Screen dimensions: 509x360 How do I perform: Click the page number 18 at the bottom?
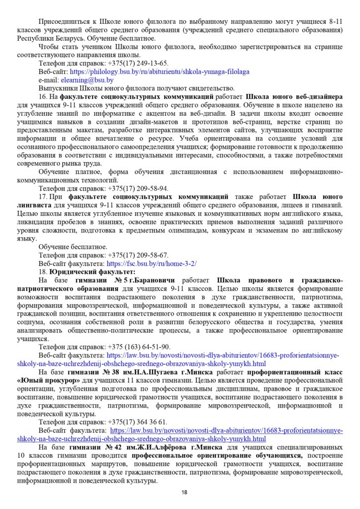click(184, 492)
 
